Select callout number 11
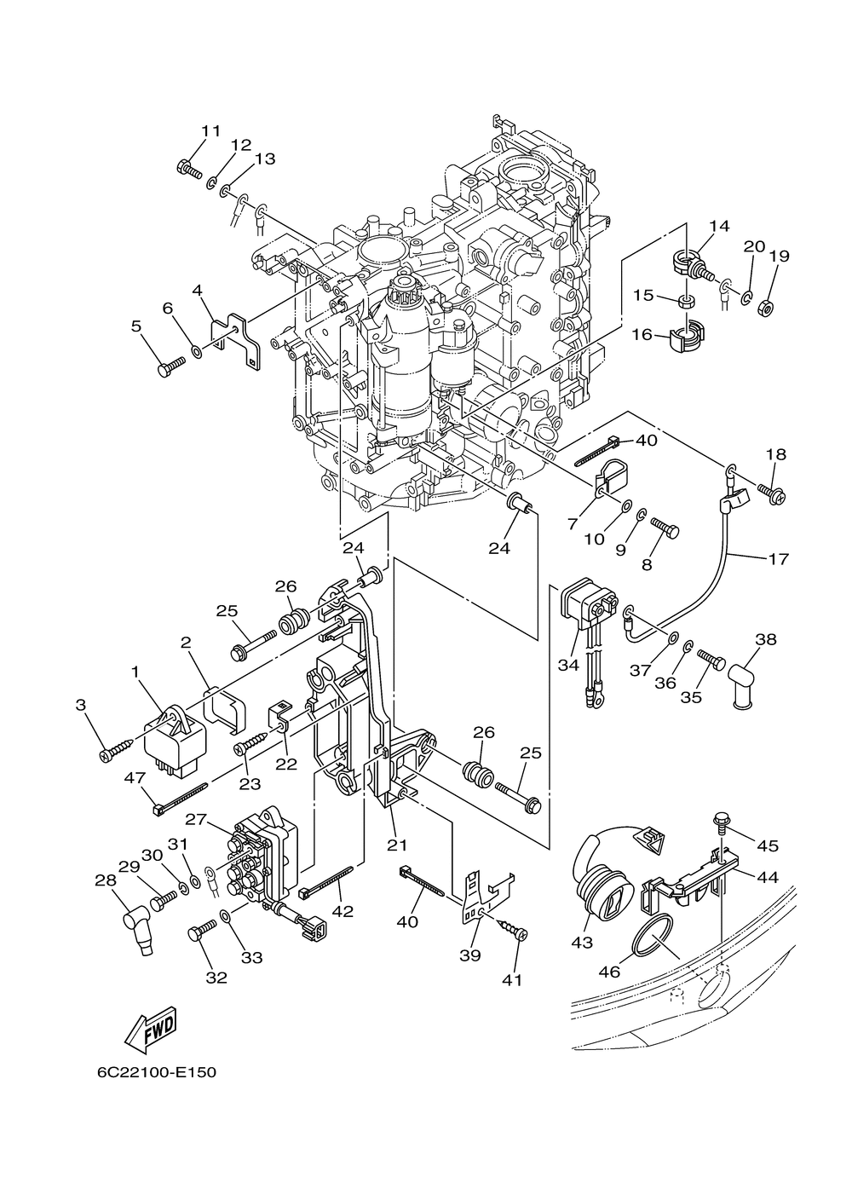(x=211, y=130)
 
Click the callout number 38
(x=766, y=640)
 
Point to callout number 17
(x=778, y=560)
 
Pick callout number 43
(x=582, y=942)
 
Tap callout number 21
(x=397, y=845)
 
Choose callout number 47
(x=135, y=777)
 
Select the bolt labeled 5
(x=172, y=365)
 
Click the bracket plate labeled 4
(x=235, y=341)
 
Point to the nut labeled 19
(x=765, y=307)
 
